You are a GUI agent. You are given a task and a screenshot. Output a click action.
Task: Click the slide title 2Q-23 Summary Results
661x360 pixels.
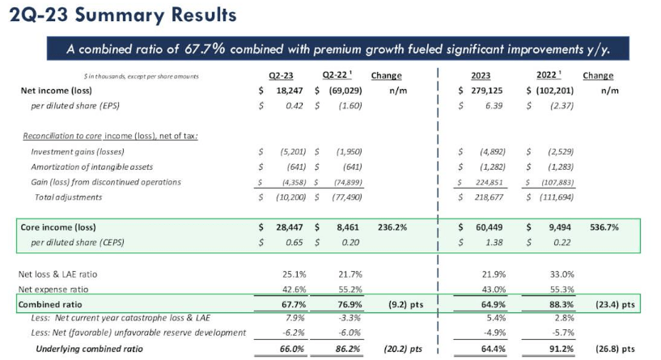coord(122,15)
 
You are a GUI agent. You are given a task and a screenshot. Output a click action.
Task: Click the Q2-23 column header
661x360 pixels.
coord(280,75)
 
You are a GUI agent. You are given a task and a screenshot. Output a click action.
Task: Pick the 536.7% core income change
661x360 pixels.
coord(604,228)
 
